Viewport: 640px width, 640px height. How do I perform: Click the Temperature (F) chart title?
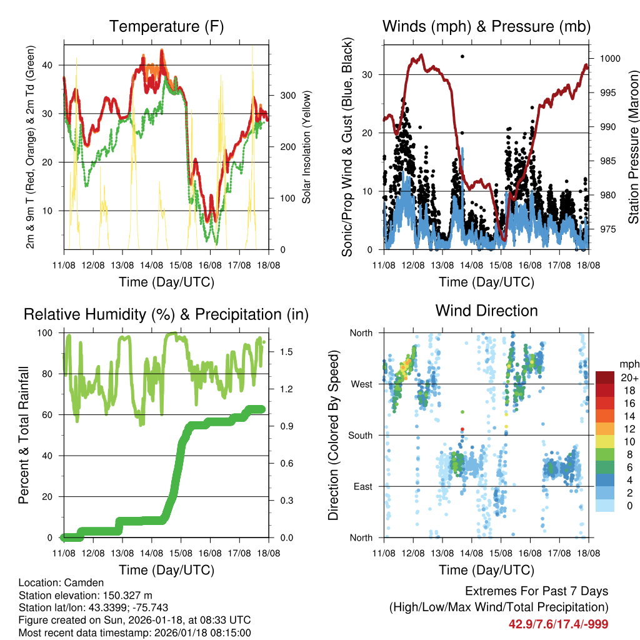[166, 26]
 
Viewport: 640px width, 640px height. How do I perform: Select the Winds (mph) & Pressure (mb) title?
[486, 26]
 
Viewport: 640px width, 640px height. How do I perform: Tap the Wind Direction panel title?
[486, 310]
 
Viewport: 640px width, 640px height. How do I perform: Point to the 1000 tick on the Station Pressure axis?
[609, 59]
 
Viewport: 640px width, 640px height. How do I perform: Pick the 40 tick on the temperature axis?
[53, 65]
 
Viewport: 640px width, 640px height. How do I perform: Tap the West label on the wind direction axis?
[361, 384]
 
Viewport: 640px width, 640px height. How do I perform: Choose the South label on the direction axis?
[359, 435]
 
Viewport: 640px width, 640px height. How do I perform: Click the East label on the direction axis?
[361, 486]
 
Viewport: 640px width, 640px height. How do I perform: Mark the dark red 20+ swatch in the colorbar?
[604, 377]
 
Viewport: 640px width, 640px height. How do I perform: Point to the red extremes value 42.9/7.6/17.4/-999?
[558, 624]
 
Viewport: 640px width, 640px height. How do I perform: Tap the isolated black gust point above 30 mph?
[462, 56]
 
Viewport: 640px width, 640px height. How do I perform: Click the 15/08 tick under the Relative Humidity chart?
[181, 553]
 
